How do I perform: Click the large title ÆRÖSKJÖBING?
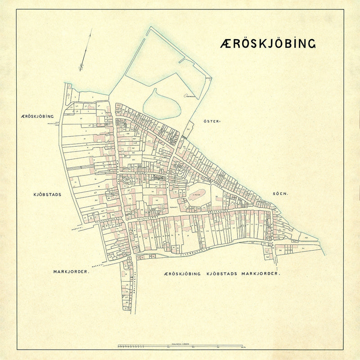268,43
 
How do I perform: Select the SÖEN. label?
280,194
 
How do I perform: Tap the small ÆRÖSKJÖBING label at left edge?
37,116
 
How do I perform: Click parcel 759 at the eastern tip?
306,237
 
